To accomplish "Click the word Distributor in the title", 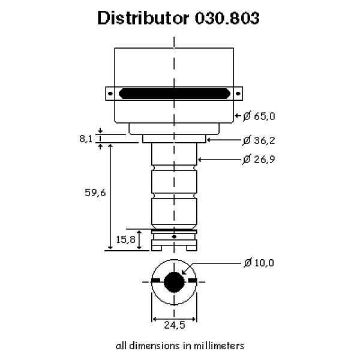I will point(142,19).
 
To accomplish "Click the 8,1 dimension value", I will point(86,139).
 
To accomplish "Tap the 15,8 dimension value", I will point(125,239).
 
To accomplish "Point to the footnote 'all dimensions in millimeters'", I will point(179,346).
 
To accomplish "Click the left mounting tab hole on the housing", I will point(110,94).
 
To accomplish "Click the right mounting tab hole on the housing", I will point(238,94).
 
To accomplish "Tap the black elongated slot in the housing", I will point(174,94).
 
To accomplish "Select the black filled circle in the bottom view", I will point(174,281).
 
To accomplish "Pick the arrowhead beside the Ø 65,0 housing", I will point(236,115).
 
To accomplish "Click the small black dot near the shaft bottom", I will point(174,237).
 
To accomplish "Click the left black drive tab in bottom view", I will point(156,281).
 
